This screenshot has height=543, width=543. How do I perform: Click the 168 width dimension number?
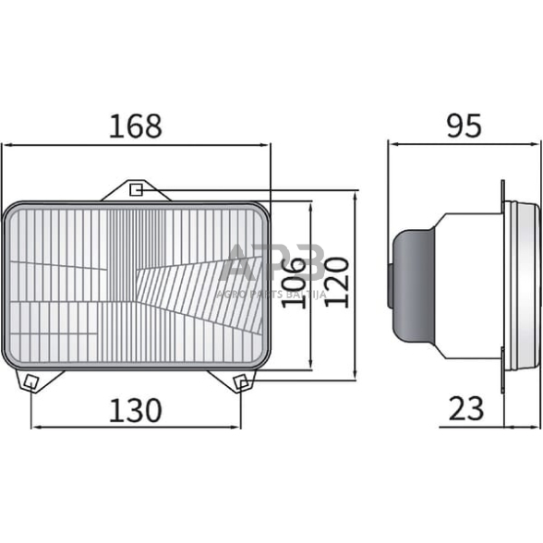136,126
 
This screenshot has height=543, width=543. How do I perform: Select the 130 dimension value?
136,409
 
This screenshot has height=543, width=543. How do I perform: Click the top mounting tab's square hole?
135,190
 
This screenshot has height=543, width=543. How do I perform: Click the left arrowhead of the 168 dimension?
6,145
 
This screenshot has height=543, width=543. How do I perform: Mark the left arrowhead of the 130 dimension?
36,428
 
